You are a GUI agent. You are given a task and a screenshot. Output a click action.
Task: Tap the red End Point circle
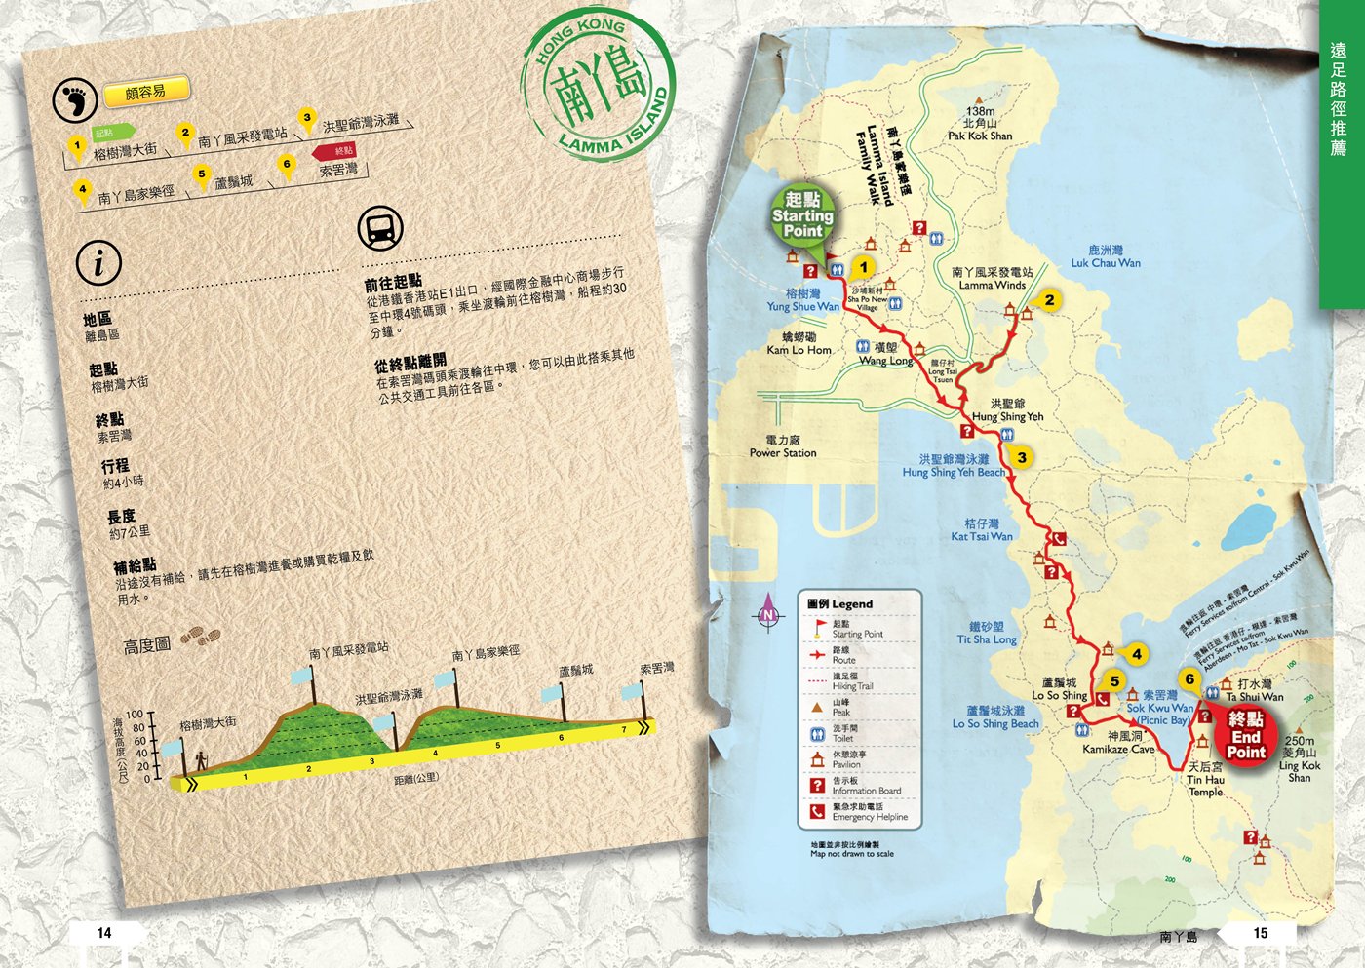coord(1245,735)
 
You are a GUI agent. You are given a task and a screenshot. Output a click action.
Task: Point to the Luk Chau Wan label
coord(1105,256)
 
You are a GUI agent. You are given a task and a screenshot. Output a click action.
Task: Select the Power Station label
coord(783,446)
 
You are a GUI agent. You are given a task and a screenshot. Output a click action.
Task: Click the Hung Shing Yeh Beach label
coord(954,466)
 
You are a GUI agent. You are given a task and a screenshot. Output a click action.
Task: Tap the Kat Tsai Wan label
coord(982,530)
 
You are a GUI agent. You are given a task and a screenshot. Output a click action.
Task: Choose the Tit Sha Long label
coord(987,634)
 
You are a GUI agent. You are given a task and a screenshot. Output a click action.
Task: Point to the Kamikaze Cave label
coord(1118,743)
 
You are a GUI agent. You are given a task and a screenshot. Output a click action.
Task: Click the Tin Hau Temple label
coord(1206,779)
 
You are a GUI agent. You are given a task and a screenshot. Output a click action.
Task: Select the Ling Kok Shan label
coord(1300,758)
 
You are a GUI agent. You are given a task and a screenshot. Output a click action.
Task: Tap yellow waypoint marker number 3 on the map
coord(1021,457)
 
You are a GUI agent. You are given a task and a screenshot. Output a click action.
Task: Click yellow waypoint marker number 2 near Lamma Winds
coord(1049,300)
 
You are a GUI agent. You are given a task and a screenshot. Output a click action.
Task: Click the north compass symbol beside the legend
coord(768,614)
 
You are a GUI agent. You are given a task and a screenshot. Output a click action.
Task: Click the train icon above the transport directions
coord(379,229)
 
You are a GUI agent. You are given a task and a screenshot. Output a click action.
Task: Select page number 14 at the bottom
coord(104,933)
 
